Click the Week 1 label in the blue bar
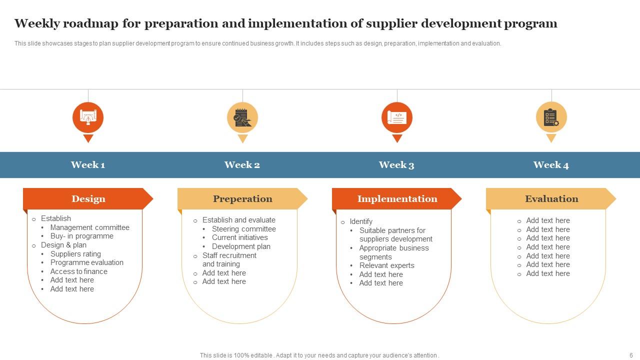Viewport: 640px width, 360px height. coord(88,165)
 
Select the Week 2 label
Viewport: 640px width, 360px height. coord(242,165)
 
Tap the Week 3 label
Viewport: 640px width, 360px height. coord(396,165)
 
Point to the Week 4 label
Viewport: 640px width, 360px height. coord(551,165)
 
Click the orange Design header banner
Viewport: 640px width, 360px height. coord(88,198)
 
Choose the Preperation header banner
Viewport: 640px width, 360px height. coord(242,198)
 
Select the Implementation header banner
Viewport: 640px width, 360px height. coord(397,198)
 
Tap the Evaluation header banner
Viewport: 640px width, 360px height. coord(551,198)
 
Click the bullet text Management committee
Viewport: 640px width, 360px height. coord(89,227)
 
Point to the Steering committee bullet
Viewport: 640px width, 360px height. coord(243,229)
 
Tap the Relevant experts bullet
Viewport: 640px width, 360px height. coord(386,265)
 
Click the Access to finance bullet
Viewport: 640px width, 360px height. coord(78,271)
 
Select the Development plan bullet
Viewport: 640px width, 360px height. coord(241,246)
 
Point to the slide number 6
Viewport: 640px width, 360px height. coord(631,355)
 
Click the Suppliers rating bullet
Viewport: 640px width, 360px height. coord(75,254)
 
